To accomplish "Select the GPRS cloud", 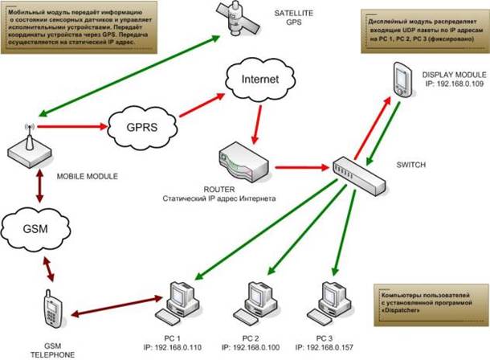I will pyautogui.click(x=133, y=126).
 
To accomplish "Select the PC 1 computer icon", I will pyautogui.click(x=182, y=301).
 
